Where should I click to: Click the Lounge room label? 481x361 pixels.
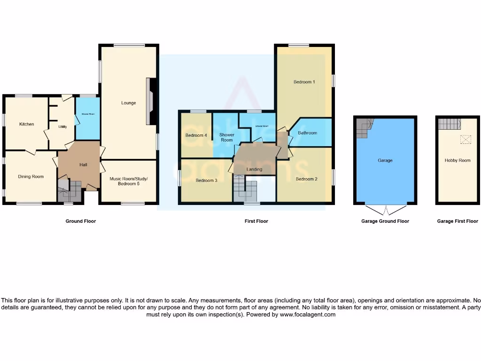(x=128, y=103)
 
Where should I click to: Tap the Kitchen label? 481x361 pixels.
(x=26, y=124)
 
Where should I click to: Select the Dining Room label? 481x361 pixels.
(x=31, y=177)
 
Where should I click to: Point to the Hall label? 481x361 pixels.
(x=83, y=165)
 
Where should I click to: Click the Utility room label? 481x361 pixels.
(x=62, y=127)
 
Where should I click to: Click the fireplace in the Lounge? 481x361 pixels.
(x=150, y=102)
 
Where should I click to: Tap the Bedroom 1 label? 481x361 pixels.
(x=304, y=82)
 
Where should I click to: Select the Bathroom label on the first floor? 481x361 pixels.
(x=307, y=133)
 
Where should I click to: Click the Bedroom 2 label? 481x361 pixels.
(x=306, y=179)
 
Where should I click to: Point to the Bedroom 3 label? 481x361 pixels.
(x=206, y=180)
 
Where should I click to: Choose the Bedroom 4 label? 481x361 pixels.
(x=196, y=136)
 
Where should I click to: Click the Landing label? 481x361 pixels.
(x=254, y=170)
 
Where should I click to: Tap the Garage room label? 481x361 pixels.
(x=385, y=161)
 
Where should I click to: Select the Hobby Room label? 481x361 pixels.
(x=458, y=161)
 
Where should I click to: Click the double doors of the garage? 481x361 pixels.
(x=386, y=209)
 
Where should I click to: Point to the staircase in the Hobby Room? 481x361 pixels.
(x=450, y=124)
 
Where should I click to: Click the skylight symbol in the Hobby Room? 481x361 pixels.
(x=465, y=139)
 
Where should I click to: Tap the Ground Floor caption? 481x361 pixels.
(x=80, y=221)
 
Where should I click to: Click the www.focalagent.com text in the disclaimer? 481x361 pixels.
(x=308, y=314)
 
